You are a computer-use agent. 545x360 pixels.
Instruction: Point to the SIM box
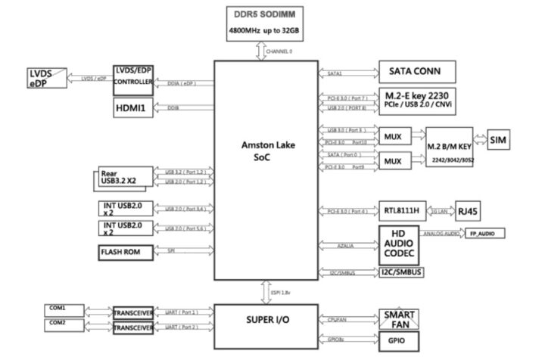(x=498, y=141)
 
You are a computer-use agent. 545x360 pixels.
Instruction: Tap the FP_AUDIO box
(x=482, y=234)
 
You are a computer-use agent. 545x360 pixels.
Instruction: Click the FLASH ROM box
(x=124, y=253)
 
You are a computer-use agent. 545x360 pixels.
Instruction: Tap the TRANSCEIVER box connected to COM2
(x=134, y=330)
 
